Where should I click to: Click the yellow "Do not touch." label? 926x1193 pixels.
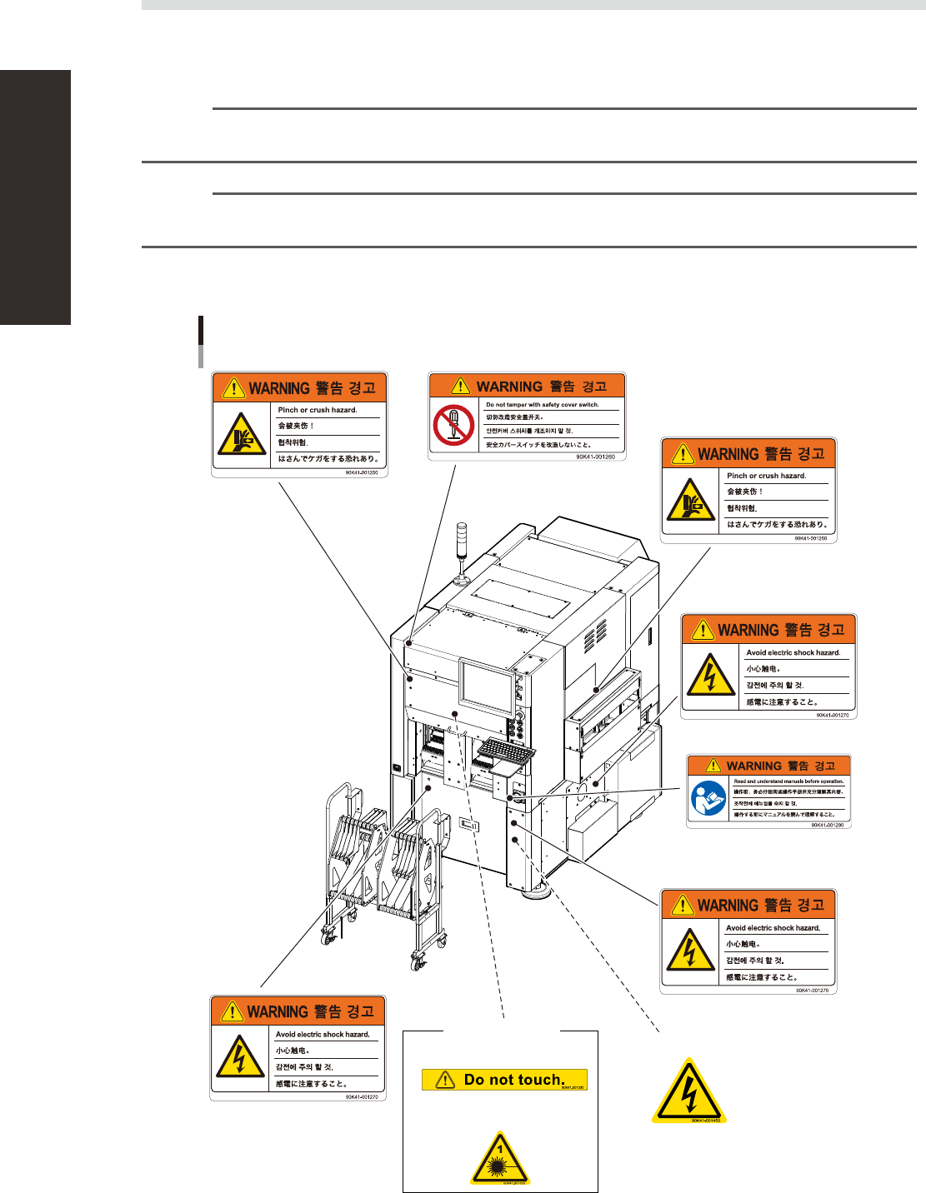pos(504,1080)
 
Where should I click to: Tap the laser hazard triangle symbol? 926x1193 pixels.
pos(500,1159)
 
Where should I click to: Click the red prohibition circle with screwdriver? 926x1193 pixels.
pos(453,425)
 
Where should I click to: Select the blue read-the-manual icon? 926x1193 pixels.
pos(708,800)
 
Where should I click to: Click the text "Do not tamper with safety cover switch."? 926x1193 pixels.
pos(543,405)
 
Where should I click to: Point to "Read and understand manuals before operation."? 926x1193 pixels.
pos(788,781)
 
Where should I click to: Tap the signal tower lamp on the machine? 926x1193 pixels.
pos(463,542)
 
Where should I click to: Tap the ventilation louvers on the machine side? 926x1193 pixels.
pos(595,637)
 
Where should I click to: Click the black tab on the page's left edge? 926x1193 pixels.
pos(35,197)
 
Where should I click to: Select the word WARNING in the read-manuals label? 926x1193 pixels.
pos(753,766)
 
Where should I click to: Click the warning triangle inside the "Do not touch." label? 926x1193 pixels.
pos(446,1080)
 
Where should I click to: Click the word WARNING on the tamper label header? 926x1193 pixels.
pos(509,387)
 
